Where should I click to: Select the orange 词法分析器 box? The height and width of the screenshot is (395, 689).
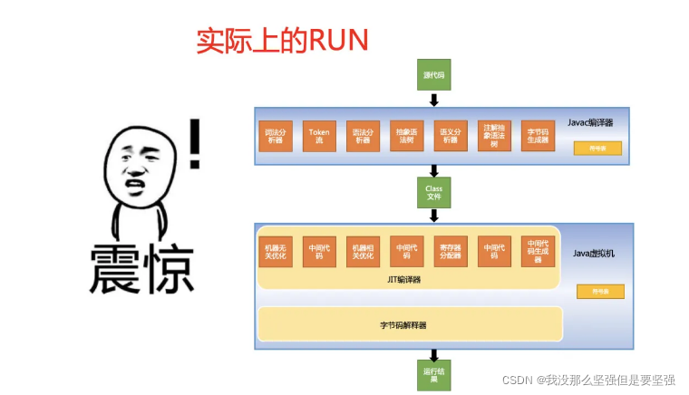point(275,137)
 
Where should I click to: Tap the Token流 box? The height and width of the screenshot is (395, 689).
point(318,137)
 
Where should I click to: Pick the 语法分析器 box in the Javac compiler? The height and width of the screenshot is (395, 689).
point(361,137)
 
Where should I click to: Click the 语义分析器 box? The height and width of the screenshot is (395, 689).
point(448,137)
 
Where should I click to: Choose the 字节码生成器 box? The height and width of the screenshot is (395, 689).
point(537,137)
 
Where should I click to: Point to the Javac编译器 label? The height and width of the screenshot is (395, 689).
point(590,121)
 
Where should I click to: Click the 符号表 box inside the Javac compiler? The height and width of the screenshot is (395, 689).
point(597,149)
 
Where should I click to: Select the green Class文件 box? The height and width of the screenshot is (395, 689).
point(434,192)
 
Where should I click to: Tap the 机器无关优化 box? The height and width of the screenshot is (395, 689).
point(274,251)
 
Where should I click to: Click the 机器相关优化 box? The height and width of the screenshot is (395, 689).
point(361,251)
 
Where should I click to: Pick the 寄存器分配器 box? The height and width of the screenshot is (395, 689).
point(450,251)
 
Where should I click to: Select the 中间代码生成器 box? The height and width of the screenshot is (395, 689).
point(537,251)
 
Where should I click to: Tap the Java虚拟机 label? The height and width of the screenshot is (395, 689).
point(593,254)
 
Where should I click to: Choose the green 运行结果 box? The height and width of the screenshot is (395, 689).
point(434,375)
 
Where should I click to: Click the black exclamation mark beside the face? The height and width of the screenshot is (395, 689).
point(194,143)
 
